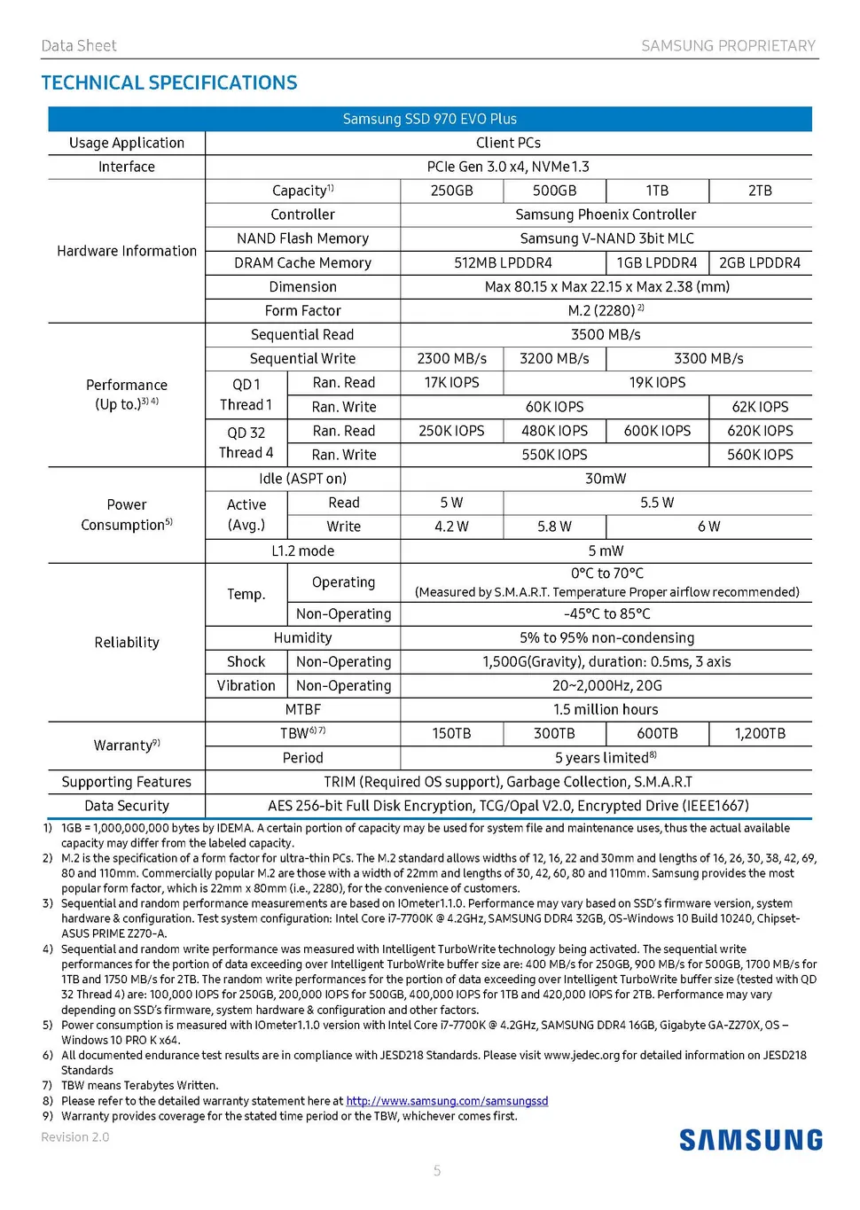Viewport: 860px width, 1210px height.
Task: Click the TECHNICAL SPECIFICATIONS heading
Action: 169,83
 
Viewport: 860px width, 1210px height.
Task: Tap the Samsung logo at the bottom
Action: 751,1140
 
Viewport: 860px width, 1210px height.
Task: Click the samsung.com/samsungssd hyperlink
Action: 447,1101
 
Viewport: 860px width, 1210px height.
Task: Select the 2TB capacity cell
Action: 760,191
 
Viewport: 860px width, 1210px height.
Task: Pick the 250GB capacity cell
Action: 451,191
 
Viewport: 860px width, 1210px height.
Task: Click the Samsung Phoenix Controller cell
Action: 606,215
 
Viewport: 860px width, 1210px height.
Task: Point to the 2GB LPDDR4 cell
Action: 760,262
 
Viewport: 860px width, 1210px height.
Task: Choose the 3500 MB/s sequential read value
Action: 606,334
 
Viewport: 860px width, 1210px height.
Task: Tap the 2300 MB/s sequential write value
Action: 451,358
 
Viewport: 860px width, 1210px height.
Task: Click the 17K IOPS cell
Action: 451,382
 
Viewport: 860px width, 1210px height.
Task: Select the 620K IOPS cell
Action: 760,431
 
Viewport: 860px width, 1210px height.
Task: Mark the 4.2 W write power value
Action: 451,527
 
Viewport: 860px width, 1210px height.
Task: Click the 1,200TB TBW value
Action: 760,733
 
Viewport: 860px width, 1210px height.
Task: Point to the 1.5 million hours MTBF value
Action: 606,709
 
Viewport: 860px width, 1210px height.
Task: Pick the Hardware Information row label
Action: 127,251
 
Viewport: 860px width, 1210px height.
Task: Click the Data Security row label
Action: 127,806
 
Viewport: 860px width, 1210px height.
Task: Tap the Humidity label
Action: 302,637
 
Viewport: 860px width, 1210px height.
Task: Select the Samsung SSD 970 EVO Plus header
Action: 430,119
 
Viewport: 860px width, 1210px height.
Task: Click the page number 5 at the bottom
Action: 437,1171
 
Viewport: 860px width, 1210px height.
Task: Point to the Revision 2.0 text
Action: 75,1137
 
